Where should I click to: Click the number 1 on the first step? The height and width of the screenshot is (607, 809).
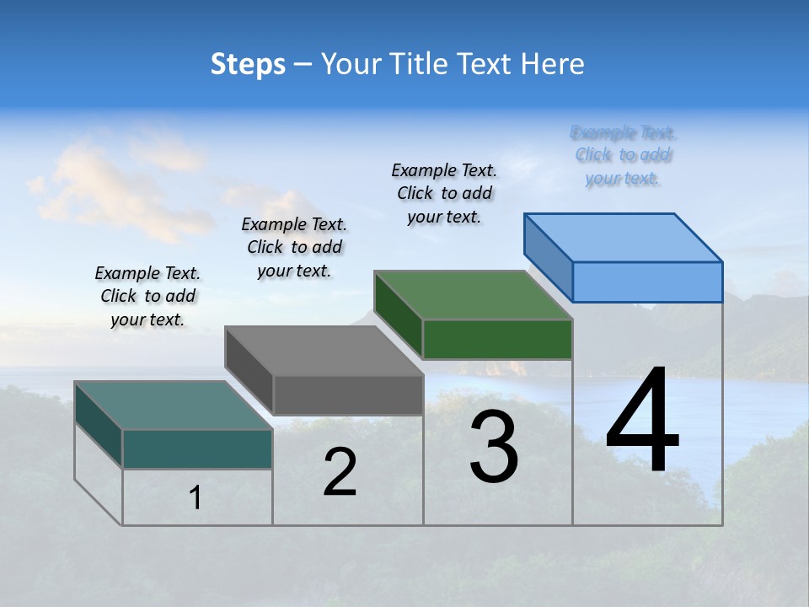click(196, 498)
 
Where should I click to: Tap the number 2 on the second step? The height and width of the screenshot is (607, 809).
click(340, 472)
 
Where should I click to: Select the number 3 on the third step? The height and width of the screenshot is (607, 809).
click(494, 447)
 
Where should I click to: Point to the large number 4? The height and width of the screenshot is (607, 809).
click(642, 422)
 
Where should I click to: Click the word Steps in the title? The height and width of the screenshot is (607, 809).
click(248, 64)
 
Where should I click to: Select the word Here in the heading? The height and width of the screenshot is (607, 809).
click(554, 64)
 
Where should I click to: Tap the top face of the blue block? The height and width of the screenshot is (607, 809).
click(624, 238)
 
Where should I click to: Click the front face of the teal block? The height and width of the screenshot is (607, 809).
click(197, 449)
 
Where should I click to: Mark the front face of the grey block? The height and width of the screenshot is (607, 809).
click(348, 395)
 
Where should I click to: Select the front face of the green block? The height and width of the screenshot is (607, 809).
click(497, 339)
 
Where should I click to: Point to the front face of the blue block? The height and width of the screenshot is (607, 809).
click(647, 282)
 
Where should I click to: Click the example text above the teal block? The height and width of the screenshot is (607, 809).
click(147, 296)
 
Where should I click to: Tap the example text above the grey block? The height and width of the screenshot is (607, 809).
click(294, 247)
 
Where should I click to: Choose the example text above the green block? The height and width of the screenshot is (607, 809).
click(444, 193)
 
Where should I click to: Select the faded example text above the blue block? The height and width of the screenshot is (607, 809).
click(623, 155)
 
